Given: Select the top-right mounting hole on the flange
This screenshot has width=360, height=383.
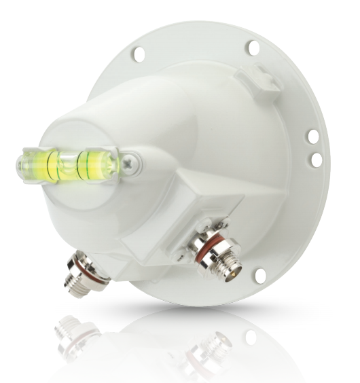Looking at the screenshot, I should (253, 47).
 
